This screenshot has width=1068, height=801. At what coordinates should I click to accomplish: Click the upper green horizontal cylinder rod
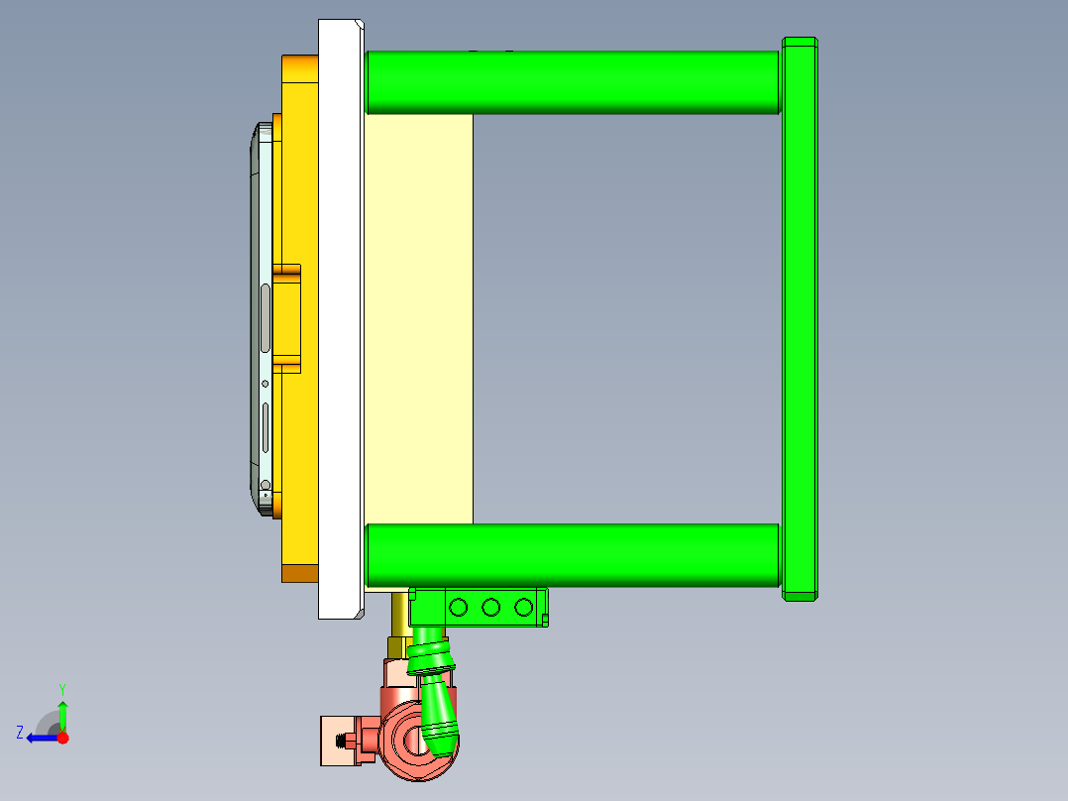(x=572, y=81)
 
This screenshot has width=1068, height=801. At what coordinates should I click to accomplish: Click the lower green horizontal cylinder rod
(x=572, y=554)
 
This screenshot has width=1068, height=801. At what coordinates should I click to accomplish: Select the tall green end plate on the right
(x=800, y=317)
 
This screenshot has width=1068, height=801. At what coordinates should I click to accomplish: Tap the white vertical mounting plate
(x=339, y=317)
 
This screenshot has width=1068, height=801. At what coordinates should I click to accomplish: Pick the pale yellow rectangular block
(x=417, y=317)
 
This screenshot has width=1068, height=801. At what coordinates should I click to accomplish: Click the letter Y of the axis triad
(x=62, y=688)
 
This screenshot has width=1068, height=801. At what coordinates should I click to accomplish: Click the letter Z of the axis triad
(x=20, y=733)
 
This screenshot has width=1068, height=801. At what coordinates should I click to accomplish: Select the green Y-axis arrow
(x=62, y=714)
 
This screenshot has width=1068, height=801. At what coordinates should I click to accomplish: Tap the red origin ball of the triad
(x=62, y=738)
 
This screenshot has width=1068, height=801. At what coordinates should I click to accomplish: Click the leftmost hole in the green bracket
(x=458, y=607)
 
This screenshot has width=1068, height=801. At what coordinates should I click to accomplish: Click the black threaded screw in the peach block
(x=347, y=741)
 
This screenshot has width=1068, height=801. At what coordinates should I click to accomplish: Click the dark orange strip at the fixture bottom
(x=299, y=573)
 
